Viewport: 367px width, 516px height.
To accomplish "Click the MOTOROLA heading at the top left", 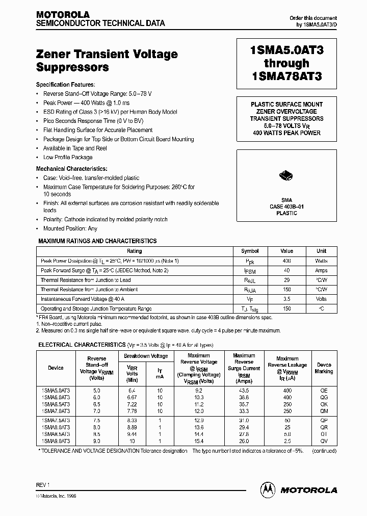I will (x=63, y=14).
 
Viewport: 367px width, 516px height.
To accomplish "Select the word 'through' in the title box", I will (x=286, y=63).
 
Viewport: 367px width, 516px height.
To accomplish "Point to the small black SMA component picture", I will (x=286, y=176).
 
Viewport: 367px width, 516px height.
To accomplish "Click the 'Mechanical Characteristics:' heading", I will (x=71, y=168).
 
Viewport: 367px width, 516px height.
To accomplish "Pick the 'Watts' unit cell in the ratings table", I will (x=321, y=261).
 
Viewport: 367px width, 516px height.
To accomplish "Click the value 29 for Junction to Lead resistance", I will (x=286, y=280).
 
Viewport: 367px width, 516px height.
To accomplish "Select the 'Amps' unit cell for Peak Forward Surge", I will (x=321, y=270).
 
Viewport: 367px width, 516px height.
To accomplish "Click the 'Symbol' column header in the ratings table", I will (x=250, y=251).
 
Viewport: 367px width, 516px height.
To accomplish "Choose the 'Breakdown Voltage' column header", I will (x=146, y=356).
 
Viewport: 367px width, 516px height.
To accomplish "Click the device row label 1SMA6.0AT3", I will (x=56, y=397).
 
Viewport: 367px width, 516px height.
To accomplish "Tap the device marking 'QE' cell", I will (x=324, y=390).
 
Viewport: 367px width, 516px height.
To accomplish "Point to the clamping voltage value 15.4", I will (x=199, y=440).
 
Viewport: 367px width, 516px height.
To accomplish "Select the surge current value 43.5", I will (x=244, y=390).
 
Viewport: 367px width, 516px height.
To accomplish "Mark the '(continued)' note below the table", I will (x=323, y=450).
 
